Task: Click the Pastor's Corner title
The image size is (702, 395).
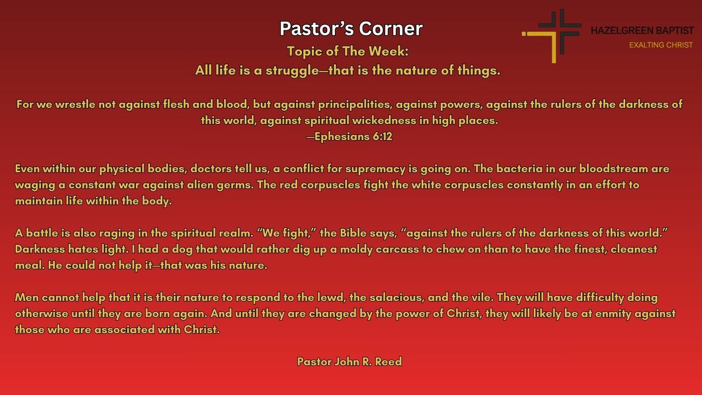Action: click(351, 29)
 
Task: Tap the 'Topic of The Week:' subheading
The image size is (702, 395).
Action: click(347, 51)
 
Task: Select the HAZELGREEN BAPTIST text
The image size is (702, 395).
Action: click(642, 31)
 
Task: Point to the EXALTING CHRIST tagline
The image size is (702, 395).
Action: click(661, 45)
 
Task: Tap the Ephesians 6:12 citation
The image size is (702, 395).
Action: click(349, 137)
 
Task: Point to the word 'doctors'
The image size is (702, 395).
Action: click(210, 169)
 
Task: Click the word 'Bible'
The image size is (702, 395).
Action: click(354, 233)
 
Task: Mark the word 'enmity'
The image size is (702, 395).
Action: click(613, 314)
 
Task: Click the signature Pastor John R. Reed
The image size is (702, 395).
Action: click(349, 362)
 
